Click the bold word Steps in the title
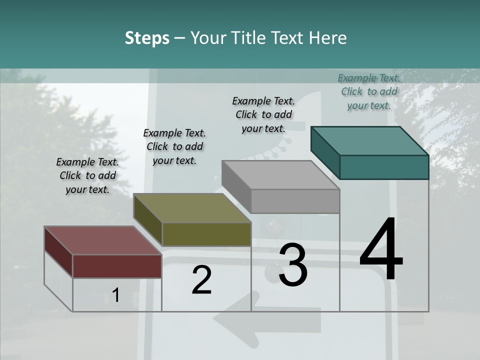[147, 38]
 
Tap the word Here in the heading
[328, 38]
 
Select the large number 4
[381, 250]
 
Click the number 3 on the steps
[293, 265]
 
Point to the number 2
[202, 280]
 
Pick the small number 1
[116, 295]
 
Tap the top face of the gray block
[280, 174]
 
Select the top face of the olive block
[192, 207]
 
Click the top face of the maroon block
[103, 240]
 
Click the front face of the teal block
[384, 167]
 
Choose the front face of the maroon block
[117, 266]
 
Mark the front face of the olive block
[206, 234]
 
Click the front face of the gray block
[295, 201]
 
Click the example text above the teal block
[369, 91]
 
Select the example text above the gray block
[263, 114]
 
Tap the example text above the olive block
[174, 146]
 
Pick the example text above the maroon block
[87, 175]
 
